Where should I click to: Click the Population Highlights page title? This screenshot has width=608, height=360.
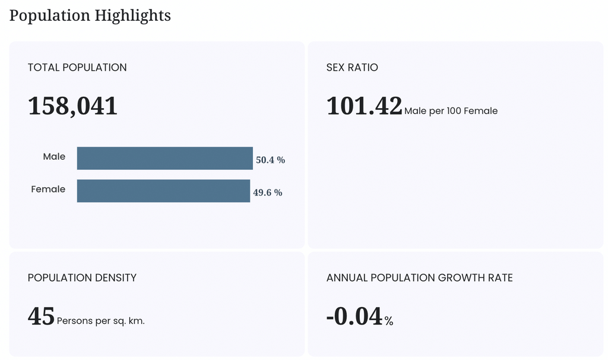click(90, 16)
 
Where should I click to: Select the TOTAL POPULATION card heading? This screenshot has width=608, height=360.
click(77, 68)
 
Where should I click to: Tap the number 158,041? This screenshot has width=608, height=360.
click(72, 106)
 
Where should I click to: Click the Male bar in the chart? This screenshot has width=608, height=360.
click(165, 158)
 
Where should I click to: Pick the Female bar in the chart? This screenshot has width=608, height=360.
click(164, 191)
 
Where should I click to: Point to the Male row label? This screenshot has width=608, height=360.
click(54, 156)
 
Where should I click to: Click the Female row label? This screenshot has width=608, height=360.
click(48, 189)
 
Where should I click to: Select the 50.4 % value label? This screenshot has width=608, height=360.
click(270, 160)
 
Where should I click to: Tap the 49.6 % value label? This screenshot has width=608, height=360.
click(268, 192)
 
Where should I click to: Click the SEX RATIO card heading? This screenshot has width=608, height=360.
click(352, 68)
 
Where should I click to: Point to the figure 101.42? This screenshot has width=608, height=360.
click(364, 106)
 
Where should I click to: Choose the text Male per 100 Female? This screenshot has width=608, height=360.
click(451, 111)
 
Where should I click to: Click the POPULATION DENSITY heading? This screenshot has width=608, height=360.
click(82, 278)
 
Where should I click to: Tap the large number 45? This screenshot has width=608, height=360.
click(41, 316)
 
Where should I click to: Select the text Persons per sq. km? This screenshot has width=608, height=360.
click(101, 321)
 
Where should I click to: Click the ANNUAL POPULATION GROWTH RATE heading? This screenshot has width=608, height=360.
click(420, 278)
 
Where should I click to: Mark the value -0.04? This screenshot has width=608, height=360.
click(355, 316)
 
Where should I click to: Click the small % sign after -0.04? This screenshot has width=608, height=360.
click(389, 321)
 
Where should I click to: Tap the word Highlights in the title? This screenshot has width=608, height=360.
click(132, 16)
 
